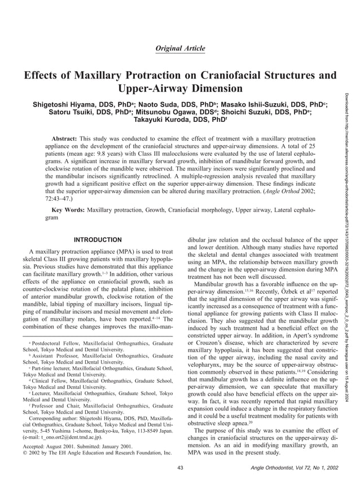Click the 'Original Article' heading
pos(180,49)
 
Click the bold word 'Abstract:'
pos(64,138)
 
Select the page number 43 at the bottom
pos(180,467)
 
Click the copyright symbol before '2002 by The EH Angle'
pos(25,453)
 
